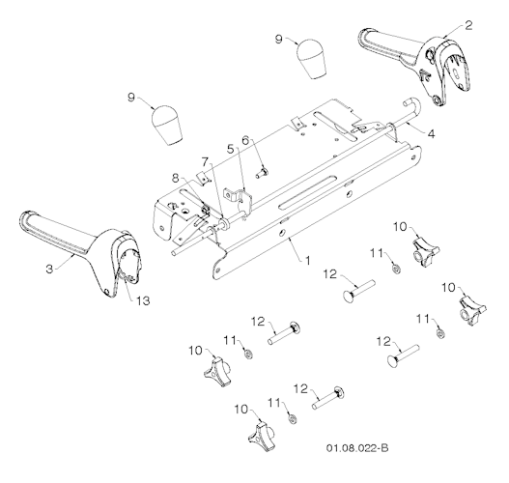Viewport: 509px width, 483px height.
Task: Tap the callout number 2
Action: click(468, 26)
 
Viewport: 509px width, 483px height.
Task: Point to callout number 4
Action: click(431, 134)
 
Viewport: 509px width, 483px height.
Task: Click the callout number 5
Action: click(230, 149)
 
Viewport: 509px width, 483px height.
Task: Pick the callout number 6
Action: click(245, 140)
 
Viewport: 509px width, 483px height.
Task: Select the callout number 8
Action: click(175, 179)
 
